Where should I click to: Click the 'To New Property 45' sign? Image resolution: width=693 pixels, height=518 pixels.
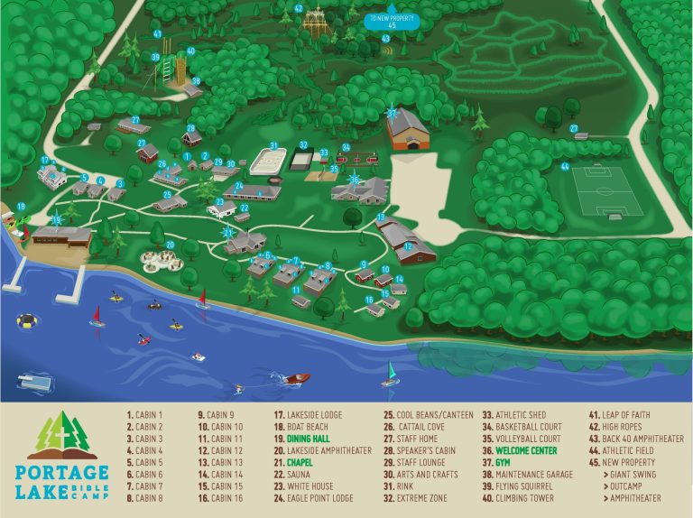pos(389,22)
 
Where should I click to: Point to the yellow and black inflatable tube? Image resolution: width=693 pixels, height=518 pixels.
pos(28,320)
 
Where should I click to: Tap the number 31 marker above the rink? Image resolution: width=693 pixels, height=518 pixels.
pos(273,145)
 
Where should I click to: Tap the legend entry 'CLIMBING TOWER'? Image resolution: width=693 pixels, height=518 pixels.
pos(523,497)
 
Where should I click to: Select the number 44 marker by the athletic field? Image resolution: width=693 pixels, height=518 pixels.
pos(565,166)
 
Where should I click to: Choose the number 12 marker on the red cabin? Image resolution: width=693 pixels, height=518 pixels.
pos(408,246)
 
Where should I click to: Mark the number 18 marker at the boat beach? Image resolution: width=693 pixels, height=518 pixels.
pos(20,208)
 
